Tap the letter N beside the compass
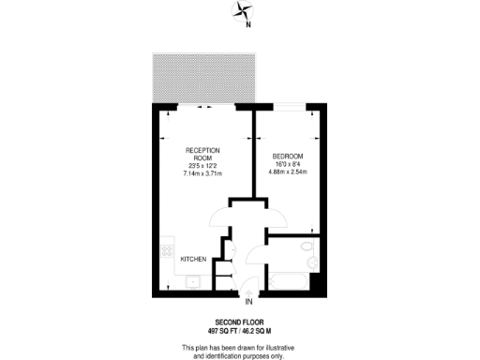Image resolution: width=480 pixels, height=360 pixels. (x=247, y=25)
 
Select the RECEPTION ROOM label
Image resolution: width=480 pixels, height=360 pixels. (x=203, y=155)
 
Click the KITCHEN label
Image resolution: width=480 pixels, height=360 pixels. (x=193, y=259)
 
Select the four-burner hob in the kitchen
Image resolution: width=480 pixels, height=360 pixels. (x=166, y=251)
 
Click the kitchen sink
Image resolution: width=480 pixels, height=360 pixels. (x=194, y=280)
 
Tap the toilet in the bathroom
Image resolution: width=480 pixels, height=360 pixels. (x=309, y=247)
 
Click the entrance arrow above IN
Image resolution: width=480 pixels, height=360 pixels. (x=249, y=292)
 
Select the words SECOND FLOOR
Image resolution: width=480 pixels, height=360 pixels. (x=239, y=322)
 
